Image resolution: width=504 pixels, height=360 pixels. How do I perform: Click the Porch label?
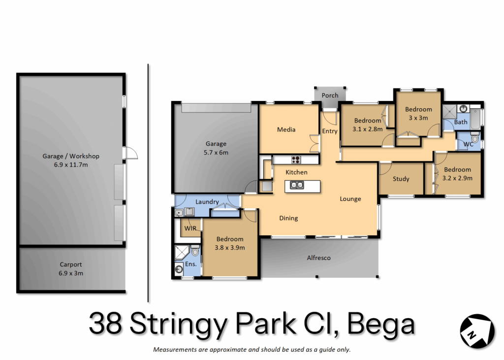330,96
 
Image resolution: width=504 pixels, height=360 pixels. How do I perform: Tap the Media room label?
286,130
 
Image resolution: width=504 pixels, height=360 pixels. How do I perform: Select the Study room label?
401,179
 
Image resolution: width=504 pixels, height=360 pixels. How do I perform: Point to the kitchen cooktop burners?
296,160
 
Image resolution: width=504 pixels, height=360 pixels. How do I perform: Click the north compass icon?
476,331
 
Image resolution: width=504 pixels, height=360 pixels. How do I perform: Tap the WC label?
469,144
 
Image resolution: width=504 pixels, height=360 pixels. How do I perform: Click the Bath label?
461,122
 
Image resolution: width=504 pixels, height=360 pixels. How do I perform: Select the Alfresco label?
318,258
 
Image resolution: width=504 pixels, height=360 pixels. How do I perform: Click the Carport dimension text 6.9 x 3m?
71,273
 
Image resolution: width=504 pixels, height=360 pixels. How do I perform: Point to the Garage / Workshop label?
71,156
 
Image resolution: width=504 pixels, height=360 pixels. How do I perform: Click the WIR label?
190,229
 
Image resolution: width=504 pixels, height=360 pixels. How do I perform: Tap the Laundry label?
207,202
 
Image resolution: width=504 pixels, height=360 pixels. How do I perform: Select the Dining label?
288,219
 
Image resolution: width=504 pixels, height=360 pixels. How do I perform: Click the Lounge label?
350,199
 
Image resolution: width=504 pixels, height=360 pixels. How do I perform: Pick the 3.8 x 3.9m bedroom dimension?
229,248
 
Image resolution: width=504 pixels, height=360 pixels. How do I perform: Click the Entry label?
330,131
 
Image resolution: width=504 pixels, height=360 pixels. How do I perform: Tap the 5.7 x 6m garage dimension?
216,153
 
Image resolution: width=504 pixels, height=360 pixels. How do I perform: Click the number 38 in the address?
105,324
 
